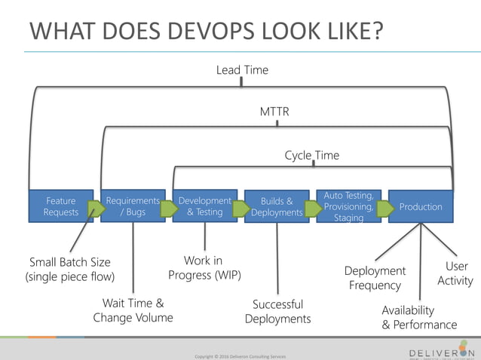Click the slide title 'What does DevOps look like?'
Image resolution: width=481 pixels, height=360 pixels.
click(x=206, y=32)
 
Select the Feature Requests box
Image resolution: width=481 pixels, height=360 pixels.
click(x=60, y=206)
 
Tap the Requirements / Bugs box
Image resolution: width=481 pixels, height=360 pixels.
click(x=133, y=206)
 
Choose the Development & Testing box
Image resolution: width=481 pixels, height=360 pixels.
click(x=204, y=206)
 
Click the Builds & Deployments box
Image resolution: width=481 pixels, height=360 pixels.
click(x=276, y=206)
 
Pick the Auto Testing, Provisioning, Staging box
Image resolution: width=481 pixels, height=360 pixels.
click(x=348, y=206)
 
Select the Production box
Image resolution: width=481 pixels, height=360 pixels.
click(x=421, y=206)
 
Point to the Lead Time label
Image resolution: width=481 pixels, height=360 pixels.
click(x=242, y=70)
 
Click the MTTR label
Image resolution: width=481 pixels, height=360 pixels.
click(x=274, y=112)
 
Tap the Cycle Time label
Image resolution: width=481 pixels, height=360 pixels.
click(x=311, y=155)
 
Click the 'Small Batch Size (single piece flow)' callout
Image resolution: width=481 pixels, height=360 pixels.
click(x=69, y=270)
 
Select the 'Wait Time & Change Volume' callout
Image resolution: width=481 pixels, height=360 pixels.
click(x=133, y=310)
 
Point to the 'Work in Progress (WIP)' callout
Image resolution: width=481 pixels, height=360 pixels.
click(x=204, y=268)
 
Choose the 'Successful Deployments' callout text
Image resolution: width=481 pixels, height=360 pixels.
click(x=277, y=312)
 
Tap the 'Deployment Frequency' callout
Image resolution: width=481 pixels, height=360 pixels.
click(x=375, y=278)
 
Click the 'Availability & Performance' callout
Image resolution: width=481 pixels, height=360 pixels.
click(x=419, y=317)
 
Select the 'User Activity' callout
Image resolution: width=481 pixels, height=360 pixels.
click(x=456, y=273)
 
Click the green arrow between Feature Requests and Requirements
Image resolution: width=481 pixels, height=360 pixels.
click(x=96, y=209)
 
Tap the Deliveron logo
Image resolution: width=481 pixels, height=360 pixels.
click(x=441, y=352)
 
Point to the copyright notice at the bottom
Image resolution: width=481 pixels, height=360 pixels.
click(x=240, y=355)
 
